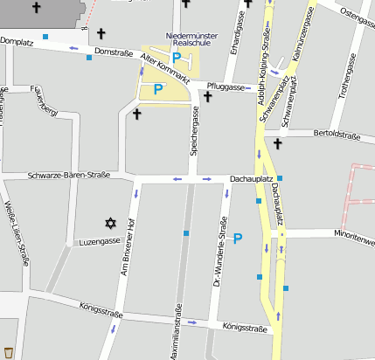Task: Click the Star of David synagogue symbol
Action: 111,225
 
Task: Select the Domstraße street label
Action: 113,53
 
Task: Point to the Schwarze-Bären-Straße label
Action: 69,175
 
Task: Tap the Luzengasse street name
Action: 97,240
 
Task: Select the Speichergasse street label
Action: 195,128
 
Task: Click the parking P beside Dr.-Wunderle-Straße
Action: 238,238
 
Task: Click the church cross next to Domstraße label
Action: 101,34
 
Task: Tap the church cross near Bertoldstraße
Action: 278,143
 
